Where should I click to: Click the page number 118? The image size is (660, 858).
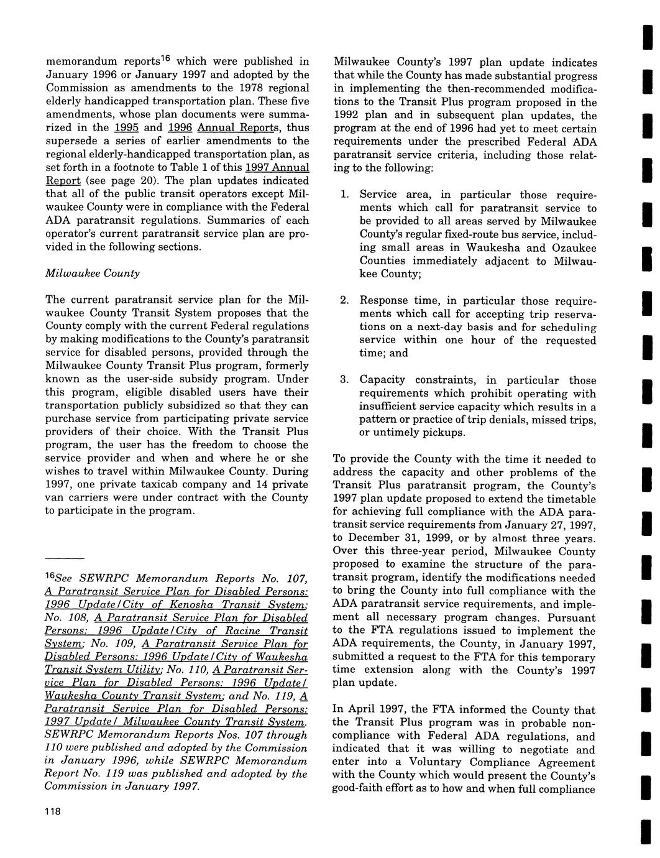(x=52, y=813)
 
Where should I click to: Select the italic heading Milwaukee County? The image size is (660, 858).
(x=93, y=273)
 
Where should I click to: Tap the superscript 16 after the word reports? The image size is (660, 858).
(x=170, y=58)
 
